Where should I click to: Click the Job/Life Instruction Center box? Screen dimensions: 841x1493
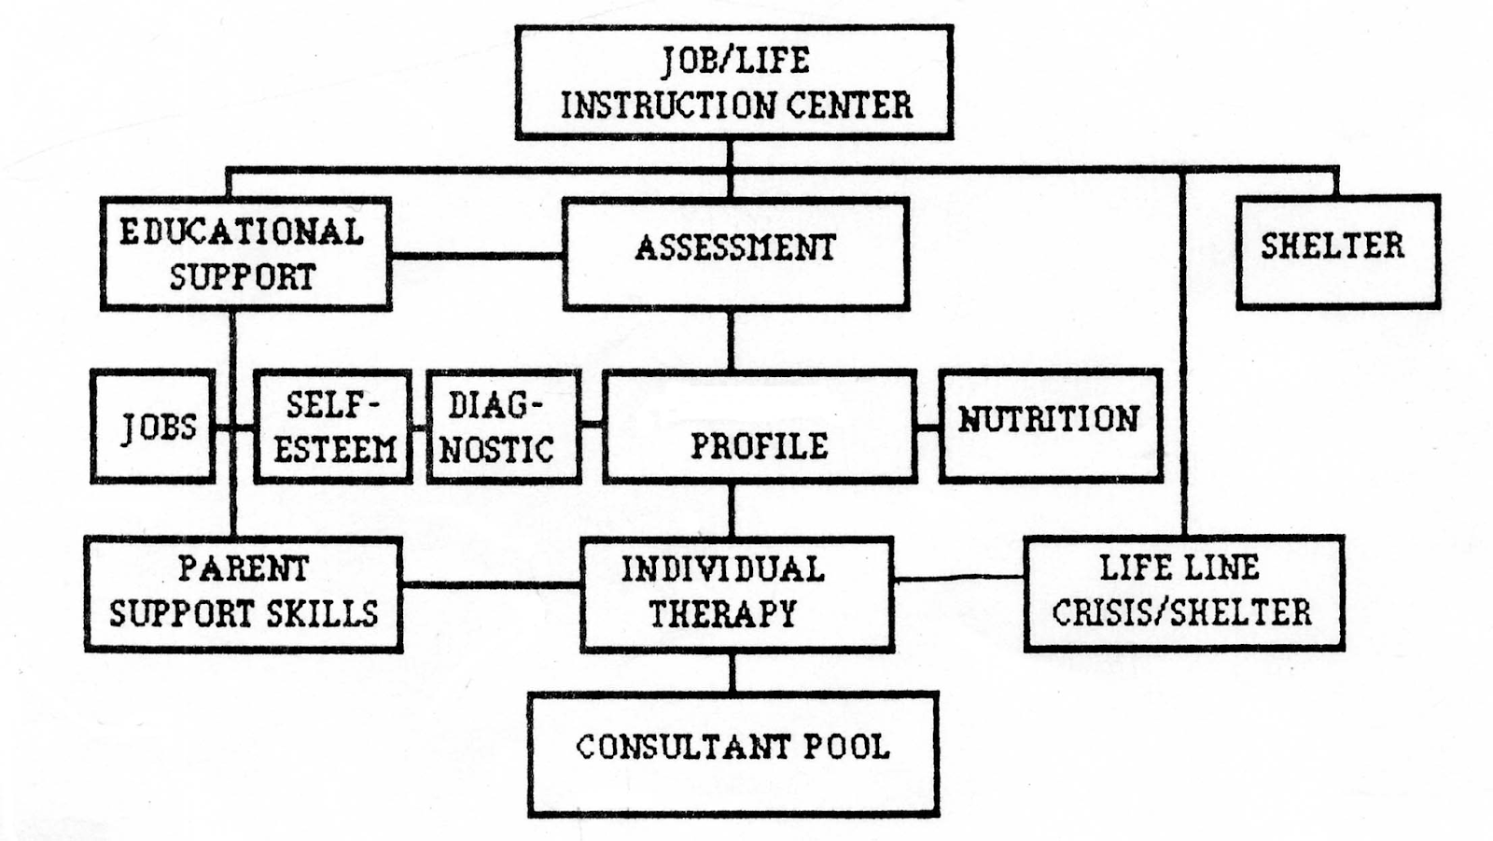[733, 82]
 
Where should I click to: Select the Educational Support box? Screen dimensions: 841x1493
[245, 253]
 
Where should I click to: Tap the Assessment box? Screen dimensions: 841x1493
[735, 253]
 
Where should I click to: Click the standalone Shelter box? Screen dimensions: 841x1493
[1337, 251]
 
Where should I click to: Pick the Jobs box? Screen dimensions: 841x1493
[153, 427]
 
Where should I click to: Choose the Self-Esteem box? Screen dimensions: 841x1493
[333, 427]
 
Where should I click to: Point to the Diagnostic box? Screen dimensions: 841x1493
[504, 427]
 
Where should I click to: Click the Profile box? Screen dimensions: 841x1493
[759, 427]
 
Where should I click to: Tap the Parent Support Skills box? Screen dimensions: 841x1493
[244, 594]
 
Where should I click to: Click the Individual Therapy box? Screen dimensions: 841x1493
[736, 594]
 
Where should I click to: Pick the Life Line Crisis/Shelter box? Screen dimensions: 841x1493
[1183, 593]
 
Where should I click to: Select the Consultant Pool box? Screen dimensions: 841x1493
[733, 753]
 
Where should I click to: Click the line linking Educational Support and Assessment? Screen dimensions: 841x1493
[477, 254]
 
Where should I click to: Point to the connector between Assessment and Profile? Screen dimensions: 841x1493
[731, 340]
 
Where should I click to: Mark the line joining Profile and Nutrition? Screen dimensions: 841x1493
[928, 428]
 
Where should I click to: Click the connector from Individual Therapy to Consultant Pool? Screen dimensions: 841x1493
[732, 672]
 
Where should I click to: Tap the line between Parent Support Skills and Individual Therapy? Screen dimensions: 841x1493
[492, 585]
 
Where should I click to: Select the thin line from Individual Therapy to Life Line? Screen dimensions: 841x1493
[959, 579]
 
